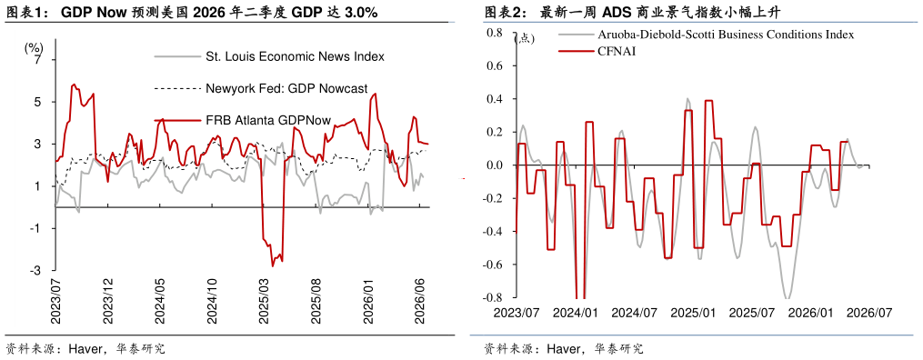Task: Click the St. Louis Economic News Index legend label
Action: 295,57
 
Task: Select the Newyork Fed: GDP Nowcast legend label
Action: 286,89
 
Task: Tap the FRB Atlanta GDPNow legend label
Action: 268,121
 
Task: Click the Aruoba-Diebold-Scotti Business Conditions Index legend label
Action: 726,35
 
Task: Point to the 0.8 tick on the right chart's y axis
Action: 494,33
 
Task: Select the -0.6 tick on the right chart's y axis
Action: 492,265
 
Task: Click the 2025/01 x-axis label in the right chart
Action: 694,312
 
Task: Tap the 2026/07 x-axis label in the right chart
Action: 869,312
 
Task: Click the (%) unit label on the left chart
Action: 34,48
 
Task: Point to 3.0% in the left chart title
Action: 360,13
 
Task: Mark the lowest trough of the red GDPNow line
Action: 273,266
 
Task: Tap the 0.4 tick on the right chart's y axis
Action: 494,99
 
